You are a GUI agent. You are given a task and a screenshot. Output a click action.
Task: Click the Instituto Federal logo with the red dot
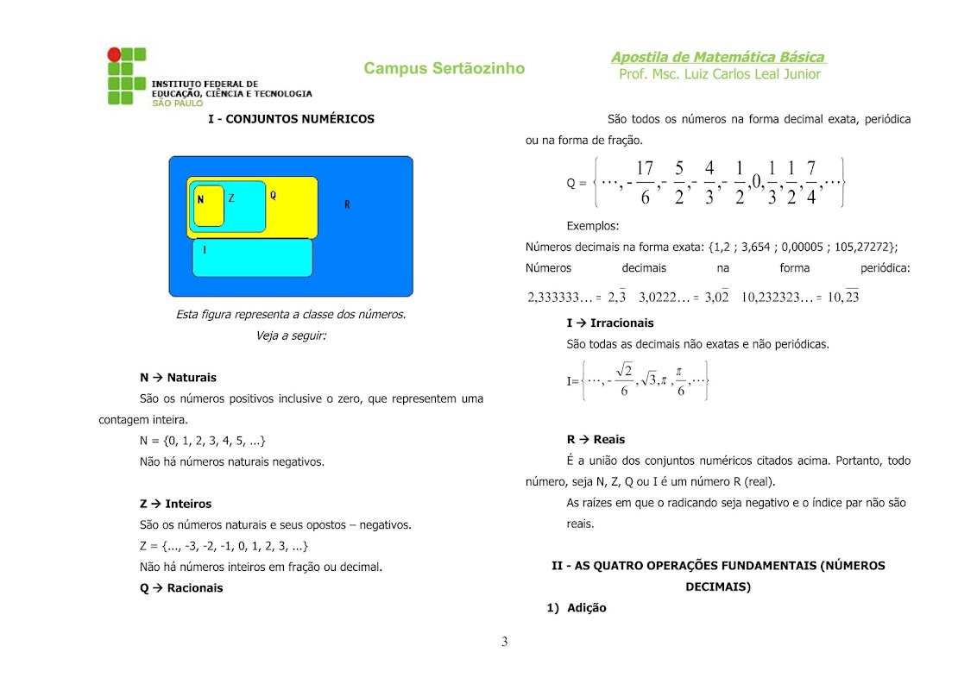coord(126,76)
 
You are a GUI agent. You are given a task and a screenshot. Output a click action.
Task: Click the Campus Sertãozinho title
coord(444,68)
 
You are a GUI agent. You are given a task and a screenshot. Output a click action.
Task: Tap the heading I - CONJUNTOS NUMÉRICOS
coord(292,119)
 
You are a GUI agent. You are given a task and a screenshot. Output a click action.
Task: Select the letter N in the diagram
coord(200,200)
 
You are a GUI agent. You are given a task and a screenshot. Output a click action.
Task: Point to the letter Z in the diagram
coord(231,198)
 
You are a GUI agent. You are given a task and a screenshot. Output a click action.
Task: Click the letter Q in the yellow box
coord(273,196)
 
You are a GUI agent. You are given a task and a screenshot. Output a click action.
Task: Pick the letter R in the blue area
coord(347,204)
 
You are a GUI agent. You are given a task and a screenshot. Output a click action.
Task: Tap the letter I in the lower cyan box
coord(205,250)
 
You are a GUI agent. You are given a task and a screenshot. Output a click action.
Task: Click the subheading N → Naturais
coord(178,378)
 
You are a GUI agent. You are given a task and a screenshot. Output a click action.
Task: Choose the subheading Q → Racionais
coord(181,588)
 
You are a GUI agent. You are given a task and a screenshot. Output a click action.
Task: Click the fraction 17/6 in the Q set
coord(644,182)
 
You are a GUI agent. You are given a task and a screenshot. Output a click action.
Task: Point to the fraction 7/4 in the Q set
coord(811,182)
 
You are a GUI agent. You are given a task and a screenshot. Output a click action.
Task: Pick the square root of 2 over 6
coord(624,380)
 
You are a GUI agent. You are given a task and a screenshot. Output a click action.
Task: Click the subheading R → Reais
coord(596,440)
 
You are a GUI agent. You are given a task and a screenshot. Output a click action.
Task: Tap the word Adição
coord(587,608)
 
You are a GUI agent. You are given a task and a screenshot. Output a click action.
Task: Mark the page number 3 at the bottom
coord(505,642)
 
